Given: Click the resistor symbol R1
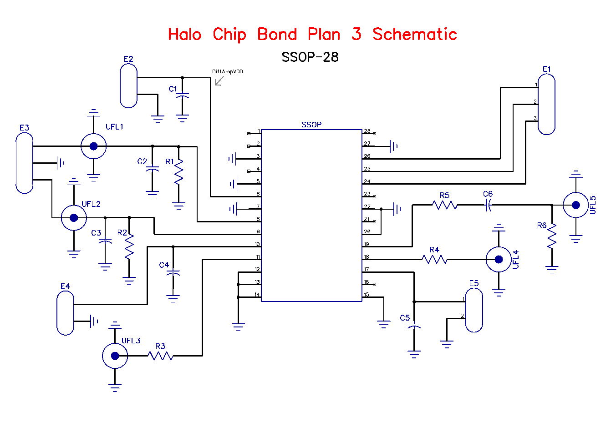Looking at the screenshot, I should coord(178,171).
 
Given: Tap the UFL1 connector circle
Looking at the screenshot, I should coord(93,146).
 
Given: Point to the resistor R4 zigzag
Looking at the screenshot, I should coord(434,260).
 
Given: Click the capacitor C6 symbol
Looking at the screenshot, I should coord(488,206).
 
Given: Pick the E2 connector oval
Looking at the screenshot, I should coord(129,85).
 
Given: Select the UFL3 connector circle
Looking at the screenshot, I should coord(115,356).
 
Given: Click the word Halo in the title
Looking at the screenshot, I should coord(184,35).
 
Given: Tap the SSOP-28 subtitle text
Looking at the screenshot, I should coord(310,57).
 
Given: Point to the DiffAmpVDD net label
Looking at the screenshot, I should coord(227,72).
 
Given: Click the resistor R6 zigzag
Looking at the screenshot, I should coord(552,236).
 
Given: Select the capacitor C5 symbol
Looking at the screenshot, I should coord(414,327).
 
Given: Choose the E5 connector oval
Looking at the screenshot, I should coord(474,310).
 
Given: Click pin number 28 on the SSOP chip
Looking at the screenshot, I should coord(367,131).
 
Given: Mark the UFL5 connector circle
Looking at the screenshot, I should coord(575,205).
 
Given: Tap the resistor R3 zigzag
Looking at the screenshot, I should coord(160,356).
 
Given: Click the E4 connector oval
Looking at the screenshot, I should coord(65,313).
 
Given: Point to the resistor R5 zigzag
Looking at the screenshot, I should coord(445,206).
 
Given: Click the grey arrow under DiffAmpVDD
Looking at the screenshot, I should coord(219,81).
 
